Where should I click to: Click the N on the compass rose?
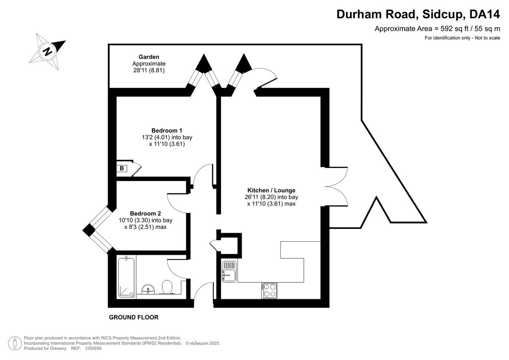(47, 52)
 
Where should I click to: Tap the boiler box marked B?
(122, 168)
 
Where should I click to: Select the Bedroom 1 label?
(167, 131)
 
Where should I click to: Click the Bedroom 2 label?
(145, 214)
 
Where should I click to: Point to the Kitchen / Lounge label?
(271, 190)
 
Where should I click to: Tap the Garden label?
(149, 57)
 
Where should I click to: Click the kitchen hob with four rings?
(269, 291)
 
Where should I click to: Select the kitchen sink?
(229, 272)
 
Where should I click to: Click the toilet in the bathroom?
(167, 287)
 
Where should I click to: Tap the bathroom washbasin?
(148, 289)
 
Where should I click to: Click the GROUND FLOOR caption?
(134, 317)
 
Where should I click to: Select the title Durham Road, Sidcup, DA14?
(418, 14)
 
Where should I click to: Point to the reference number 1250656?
(93, 349)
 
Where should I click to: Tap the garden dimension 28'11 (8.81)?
(149, 70)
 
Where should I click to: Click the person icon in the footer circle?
(15, 343)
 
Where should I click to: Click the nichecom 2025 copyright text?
(203, 343)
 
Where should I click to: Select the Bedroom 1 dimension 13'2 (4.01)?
(156, 137)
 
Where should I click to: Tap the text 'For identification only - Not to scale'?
(462, 38)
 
